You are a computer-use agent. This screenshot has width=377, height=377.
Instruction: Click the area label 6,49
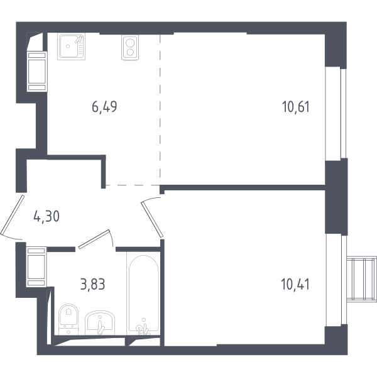pos(104,107)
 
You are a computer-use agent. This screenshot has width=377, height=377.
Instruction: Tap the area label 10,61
pos(296,107)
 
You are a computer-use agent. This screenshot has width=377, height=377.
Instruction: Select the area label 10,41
pos(295,284)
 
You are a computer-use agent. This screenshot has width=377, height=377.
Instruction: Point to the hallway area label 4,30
pos(46,216)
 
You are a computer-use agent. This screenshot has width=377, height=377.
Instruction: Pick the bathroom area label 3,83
pos(92,284)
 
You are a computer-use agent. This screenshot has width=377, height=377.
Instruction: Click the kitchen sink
pos(72,46)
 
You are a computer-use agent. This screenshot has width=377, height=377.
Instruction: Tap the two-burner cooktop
pos(130,48)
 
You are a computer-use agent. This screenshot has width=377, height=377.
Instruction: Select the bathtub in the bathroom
pos(143,293)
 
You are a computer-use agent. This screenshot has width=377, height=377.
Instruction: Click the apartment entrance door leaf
pos(13,215)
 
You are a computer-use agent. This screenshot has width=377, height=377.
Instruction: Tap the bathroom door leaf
pos(94,239)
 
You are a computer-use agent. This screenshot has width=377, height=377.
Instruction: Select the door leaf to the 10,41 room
pos(153,219)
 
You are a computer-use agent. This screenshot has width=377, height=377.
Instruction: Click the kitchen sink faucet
pos(79,39)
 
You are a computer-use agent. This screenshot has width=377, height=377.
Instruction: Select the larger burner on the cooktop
pos(130,43)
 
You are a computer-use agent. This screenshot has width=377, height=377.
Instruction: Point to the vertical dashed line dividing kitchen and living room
pos(160,110)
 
